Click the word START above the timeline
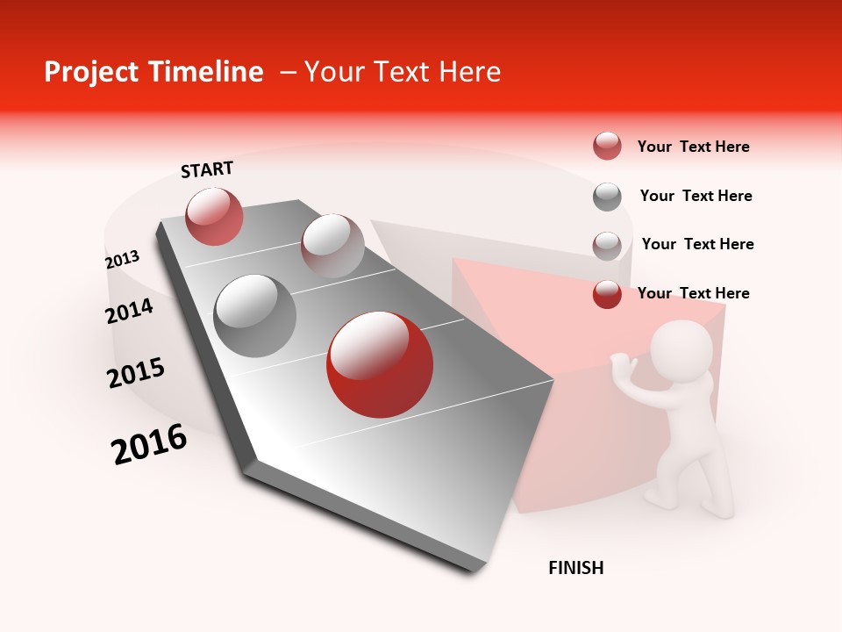pyautogui.click(x=207, y=169)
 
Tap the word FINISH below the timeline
pyautogui.click(x=576, y=568)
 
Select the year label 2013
pyautogui.click(x=123, y=260)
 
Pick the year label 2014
pyautogui.click(x=130, y=311)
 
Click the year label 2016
pyautogui.click(x=149, y=444)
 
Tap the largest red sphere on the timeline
pyautogui.click(x=380, y=364)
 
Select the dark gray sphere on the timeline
pyautogui.click(x=255, y=316)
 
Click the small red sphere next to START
pyautogui.click(x=215, y=217)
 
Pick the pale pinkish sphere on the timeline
pyautogui.click(x=332, y=246)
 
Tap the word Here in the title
pyautogui.click(x=469, y=72)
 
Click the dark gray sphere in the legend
pyautogui.click(x=607, y=197)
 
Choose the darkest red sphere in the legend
pyautogui.click(x=607, y=294)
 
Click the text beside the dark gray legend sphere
pyautogui.click(x=696, y=196)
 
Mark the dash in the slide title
pyautogui.click(x=288, y=72)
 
